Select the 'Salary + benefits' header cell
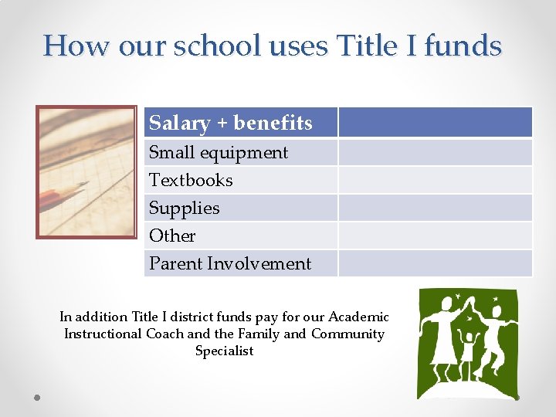coord(230,123)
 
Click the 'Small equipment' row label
coord(218,153)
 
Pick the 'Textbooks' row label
coord(191,181)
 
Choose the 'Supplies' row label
coord(184,208)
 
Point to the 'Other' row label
coord(172,236)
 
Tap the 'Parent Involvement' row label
coord(229,264)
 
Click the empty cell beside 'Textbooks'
coord(435,181)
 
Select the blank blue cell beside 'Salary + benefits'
coord(435,123)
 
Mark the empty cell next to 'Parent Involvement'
coord(435,264)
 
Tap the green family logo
coord(469,343)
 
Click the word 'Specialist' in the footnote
coord(224,351)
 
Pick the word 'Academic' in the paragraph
coord(358,317)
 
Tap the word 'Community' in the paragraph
coord(347,334)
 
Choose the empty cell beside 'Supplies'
coord(435,208)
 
